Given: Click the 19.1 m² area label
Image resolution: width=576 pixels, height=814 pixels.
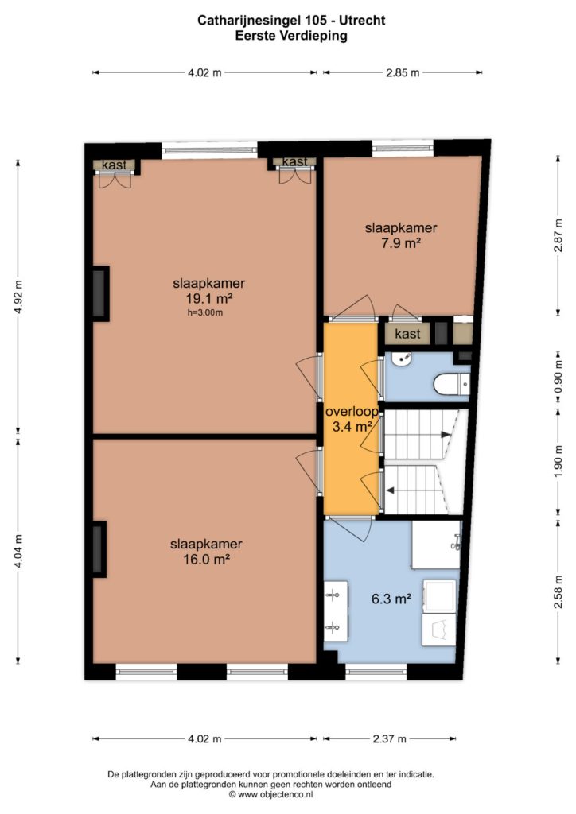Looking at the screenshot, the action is tap(208, 299).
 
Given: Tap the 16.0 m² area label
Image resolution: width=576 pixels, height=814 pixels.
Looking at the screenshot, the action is tap(206, 559).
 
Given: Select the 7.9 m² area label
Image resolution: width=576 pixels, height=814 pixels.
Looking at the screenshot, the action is tap(400, 242).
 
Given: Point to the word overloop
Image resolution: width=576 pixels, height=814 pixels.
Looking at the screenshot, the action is tap(352, 412).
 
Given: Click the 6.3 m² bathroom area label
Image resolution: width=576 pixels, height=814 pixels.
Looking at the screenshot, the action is tap(391, 599).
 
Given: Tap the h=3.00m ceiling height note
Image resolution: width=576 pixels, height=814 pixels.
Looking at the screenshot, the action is tap(205, 312).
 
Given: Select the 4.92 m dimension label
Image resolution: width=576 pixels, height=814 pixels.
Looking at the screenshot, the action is tap(19, 297).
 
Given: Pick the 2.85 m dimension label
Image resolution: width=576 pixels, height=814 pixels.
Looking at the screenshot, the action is tap(403, 72).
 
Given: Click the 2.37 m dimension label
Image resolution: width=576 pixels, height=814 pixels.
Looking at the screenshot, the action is tap(390, 738).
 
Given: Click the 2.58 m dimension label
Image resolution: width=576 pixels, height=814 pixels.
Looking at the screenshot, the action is tap(558, 591).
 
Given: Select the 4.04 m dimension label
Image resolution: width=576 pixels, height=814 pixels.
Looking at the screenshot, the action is tap(19, 551).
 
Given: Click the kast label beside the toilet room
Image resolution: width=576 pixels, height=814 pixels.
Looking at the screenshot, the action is tap(407, 334).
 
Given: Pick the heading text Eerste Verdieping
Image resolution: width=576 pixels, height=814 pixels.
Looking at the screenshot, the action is tap(291, 36).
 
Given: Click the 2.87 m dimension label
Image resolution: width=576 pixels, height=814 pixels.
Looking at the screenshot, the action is tap(558, 235).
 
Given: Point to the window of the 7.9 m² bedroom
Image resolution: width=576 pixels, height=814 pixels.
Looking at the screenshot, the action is tap(403, 149).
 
